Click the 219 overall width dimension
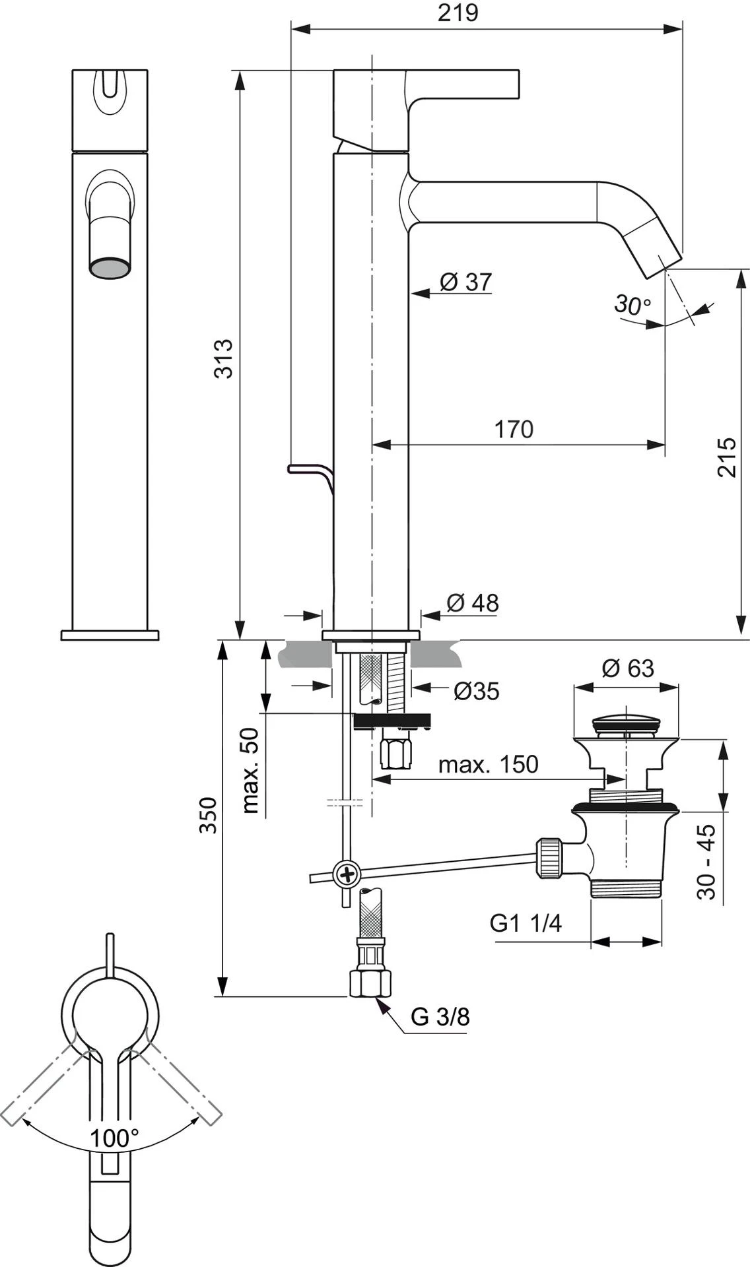[458, 13]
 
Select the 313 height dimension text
[224, 358]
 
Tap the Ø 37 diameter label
[465, 282]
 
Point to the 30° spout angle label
[632, 304]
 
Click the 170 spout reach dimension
[514, 429]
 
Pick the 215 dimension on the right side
[726, 457]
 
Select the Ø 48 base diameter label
[472, 602]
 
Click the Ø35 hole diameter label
[476, 691]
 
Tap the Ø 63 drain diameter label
[627, 668]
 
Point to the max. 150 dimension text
[489, 764]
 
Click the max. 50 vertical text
[250, 770]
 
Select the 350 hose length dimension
[209, 815]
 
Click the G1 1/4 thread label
[526, 923]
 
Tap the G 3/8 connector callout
[440, 1017]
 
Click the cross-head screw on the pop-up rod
[347, 875]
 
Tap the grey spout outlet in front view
[110, 269]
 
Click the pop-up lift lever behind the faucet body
[309, 470]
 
